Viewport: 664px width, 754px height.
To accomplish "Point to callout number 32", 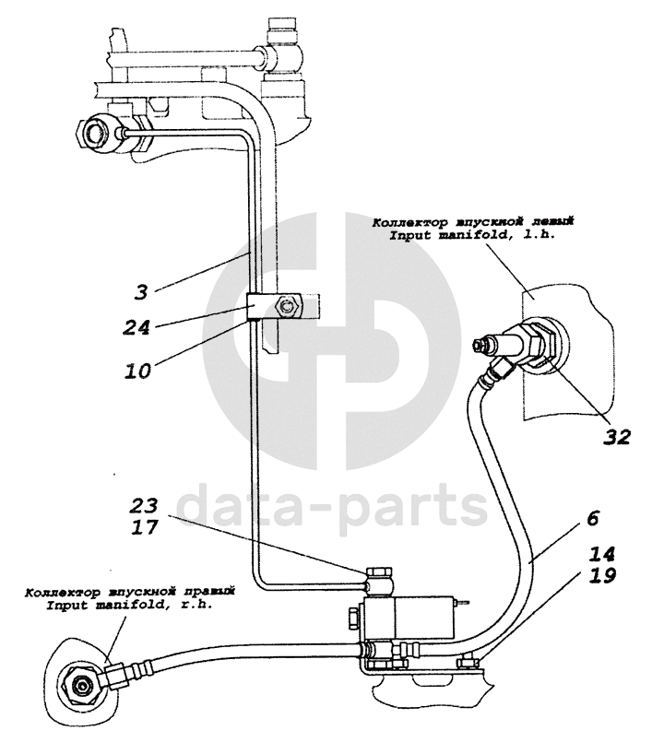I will click(x=615, y=436).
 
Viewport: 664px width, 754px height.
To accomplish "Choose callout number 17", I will click(x=145, y=528).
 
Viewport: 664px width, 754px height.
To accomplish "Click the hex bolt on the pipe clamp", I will click(x=289, y=305).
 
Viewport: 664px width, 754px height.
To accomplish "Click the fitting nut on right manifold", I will click(x=77, y=687).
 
